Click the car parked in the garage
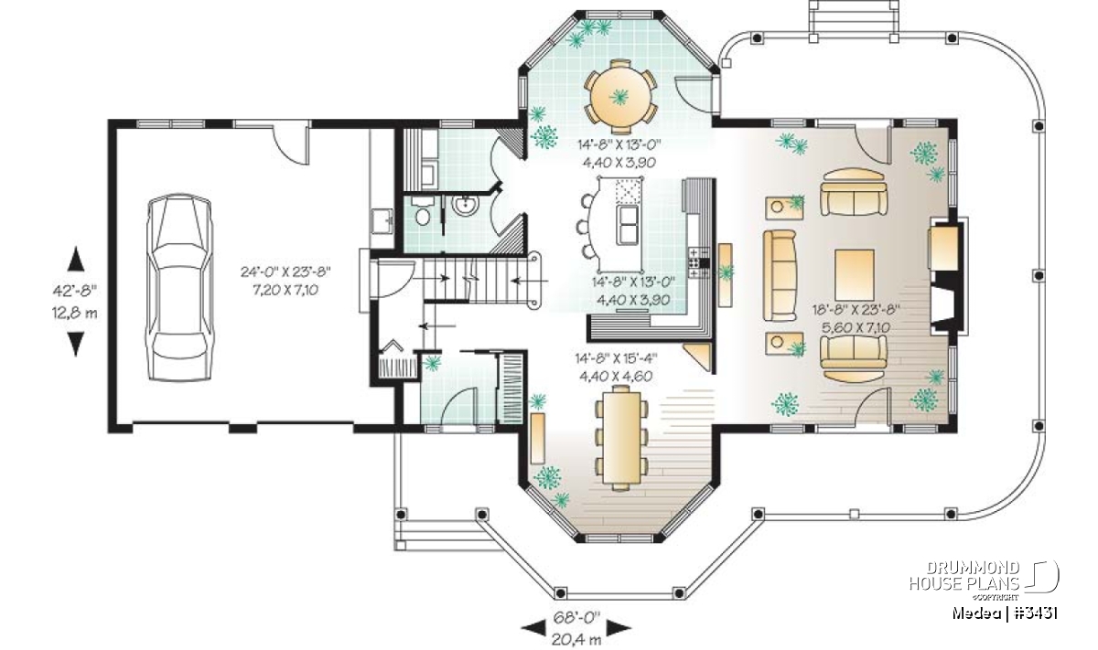[179, 288]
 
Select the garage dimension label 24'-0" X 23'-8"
[285, 272]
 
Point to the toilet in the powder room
[421, 211]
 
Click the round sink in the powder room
[465, 205]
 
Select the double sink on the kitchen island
[628, 225]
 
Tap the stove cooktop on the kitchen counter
[698, 263]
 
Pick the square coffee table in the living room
[855, 275]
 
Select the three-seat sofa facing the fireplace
[780, 275]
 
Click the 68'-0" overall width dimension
[577, 618]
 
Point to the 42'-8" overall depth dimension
[75, 291]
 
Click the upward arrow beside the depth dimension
[75, 259]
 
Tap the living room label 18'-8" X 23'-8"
[856, 310]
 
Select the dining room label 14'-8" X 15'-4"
[616, 359]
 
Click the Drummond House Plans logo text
[964, 576]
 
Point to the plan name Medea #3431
[1005, 613]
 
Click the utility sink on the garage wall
[382, 221]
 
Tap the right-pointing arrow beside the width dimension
[619, 628]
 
